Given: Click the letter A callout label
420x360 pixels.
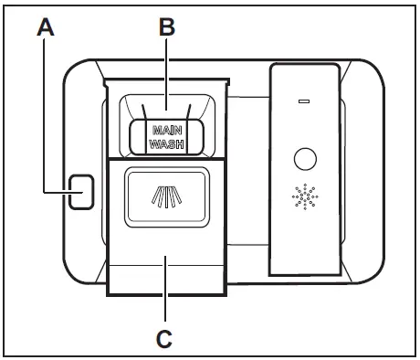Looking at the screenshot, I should click(x=46, y=28).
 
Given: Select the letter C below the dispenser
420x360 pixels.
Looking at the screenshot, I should click(x=164, y=339).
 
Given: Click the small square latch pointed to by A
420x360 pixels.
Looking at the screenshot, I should click(x=81, y=192).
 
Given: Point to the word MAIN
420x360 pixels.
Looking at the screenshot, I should click(x=165, y=131).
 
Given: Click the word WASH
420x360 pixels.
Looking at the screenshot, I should click(x=165, y=144).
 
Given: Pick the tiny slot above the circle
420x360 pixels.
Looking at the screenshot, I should click(x=305, y=101).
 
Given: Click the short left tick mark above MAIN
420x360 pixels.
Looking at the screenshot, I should click(x=146, y=111).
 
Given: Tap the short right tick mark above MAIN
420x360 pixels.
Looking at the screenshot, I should click(x=186, y=111).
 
